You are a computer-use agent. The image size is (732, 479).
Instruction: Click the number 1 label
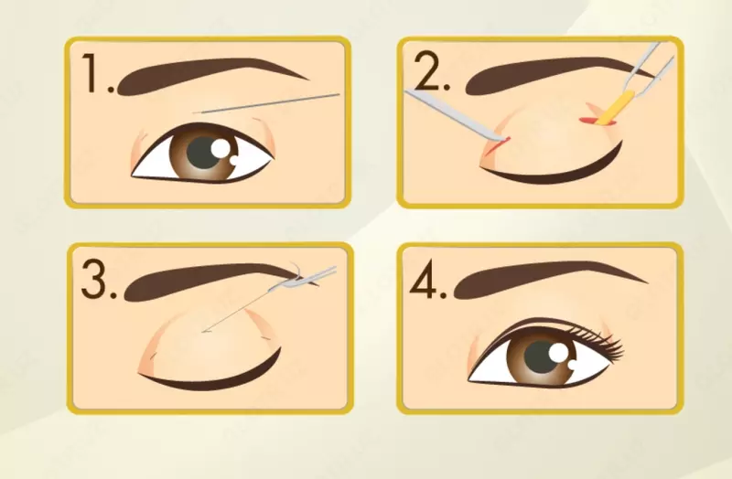point(98,73)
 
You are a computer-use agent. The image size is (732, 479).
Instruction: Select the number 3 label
point(99,279)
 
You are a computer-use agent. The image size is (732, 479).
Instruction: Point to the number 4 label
point(427,279)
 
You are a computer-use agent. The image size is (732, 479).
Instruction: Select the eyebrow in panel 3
point(205,280)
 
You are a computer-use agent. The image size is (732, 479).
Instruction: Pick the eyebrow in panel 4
point(542,279)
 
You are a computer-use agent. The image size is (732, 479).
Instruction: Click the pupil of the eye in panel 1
point(204,154)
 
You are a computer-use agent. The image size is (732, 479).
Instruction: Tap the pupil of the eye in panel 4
point(542,357)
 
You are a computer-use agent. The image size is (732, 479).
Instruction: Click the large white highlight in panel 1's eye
point(220,149)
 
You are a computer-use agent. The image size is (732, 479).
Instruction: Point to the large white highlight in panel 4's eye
point(557,353)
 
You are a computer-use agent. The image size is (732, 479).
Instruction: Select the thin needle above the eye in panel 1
point(266,103)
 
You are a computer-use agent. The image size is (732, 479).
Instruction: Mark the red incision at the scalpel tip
point(498,146)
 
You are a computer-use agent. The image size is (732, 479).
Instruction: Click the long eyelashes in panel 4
point(600,343)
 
